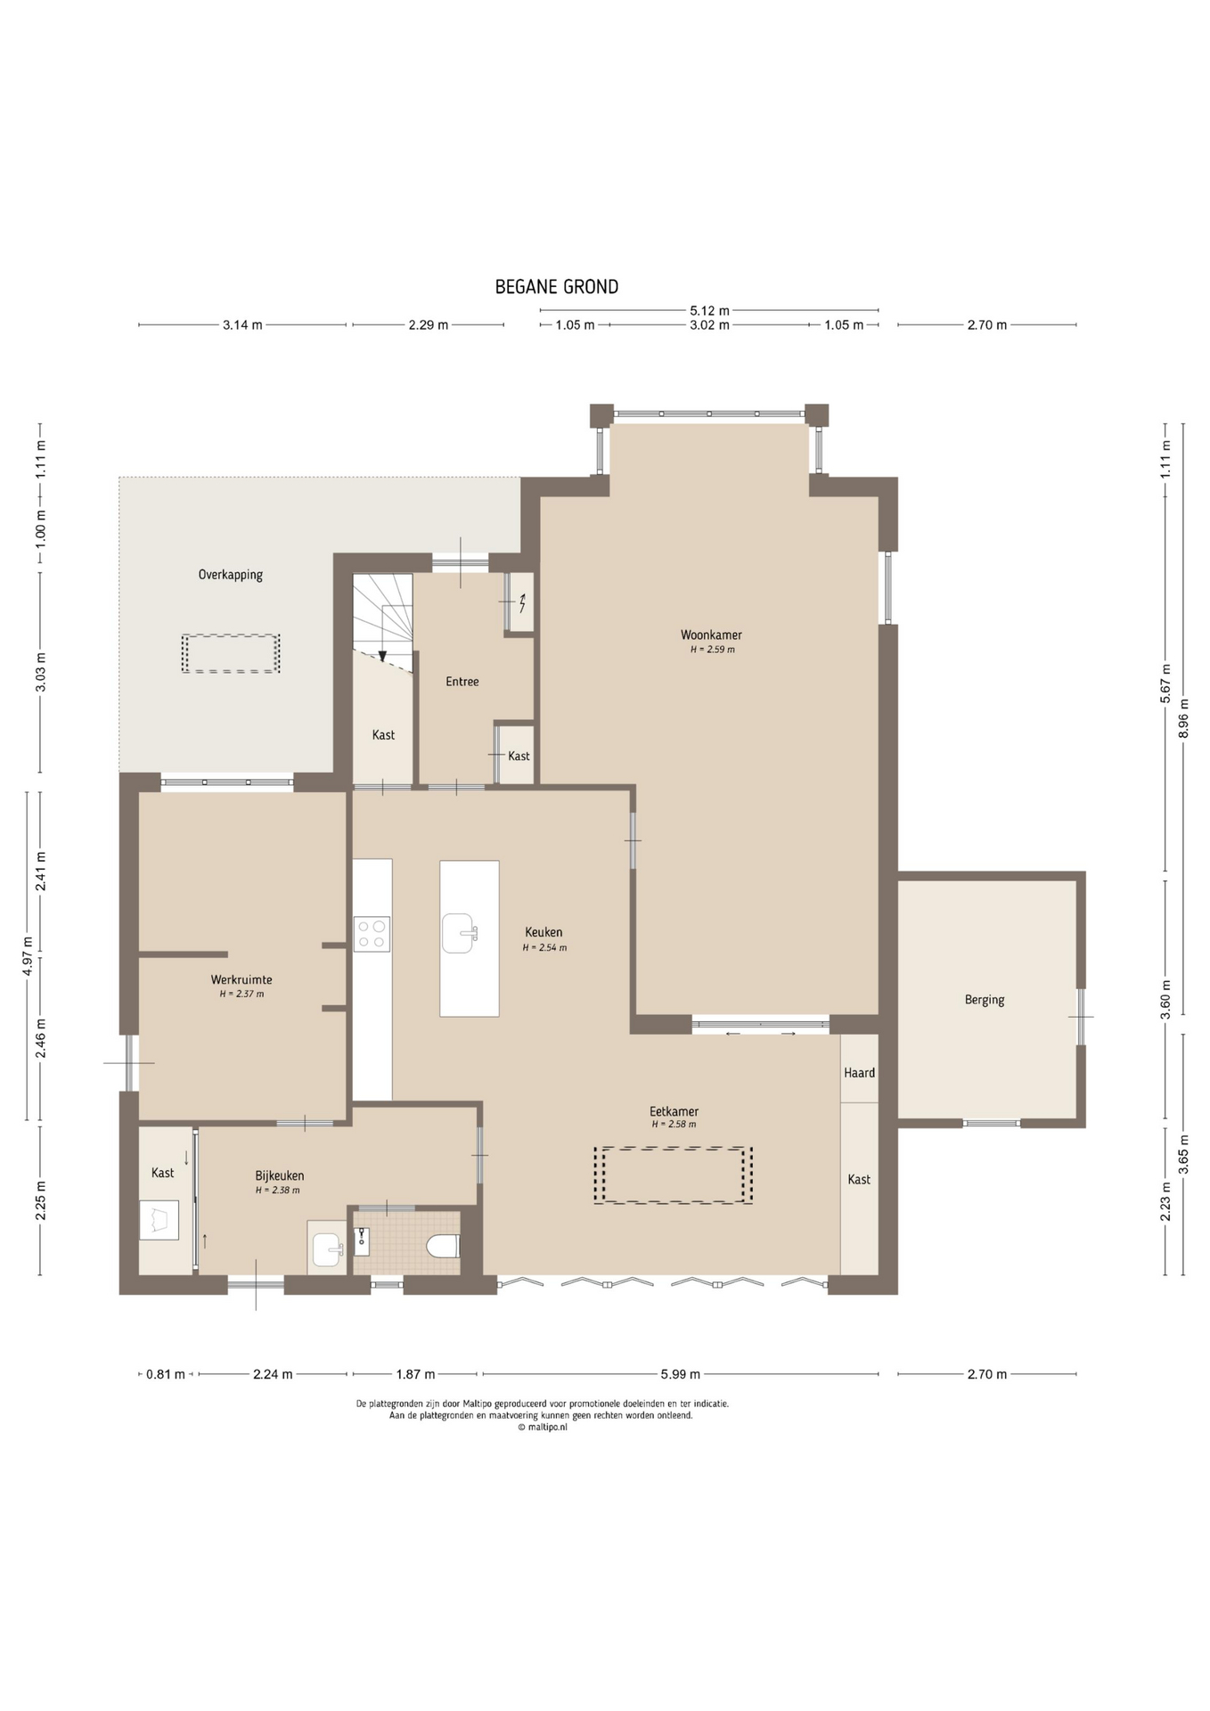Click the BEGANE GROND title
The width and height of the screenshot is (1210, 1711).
pos(557,287)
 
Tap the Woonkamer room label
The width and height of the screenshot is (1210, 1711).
pos(711,634)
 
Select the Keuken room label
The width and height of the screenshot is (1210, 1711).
pos(544,932)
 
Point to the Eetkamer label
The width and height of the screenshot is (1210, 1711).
pos(674,1111)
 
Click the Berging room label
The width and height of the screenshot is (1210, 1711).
pos(985,1000)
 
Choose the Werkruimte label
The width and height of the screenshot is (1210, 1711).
pos(241,979)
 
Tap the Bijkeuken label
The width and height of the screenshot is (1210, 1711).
pos(280,1175)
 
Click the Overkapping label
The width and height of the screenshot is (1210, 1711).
pos(231,575)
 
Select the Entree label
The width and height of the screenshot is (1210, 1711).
pos(462,682)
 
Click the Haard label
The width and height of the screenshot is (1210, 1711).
pos(860,1073)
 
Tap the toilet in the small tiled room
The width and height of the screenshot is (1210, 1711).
pos(443,1245)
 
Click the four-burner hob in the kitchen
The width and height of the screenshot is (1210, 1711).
pos(372,934)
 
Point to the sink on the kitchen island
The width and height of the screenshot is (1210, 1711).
pos(460,933)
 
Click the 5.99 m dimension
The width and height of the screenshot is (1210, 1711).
pos(681,1374)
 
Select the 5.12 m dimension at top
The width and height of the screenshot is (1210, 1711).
pos(709,311)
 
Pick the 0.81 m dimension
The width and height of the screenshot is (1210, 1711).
pos(166,1374)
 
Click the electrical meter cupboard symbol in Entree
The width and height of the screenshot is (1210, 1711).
pos(522,603)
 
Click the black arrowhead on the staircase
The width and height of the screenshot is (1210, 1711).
pos(382,656)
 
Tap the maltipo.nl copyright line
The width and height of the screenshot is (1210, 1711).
pos(542,1427)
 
